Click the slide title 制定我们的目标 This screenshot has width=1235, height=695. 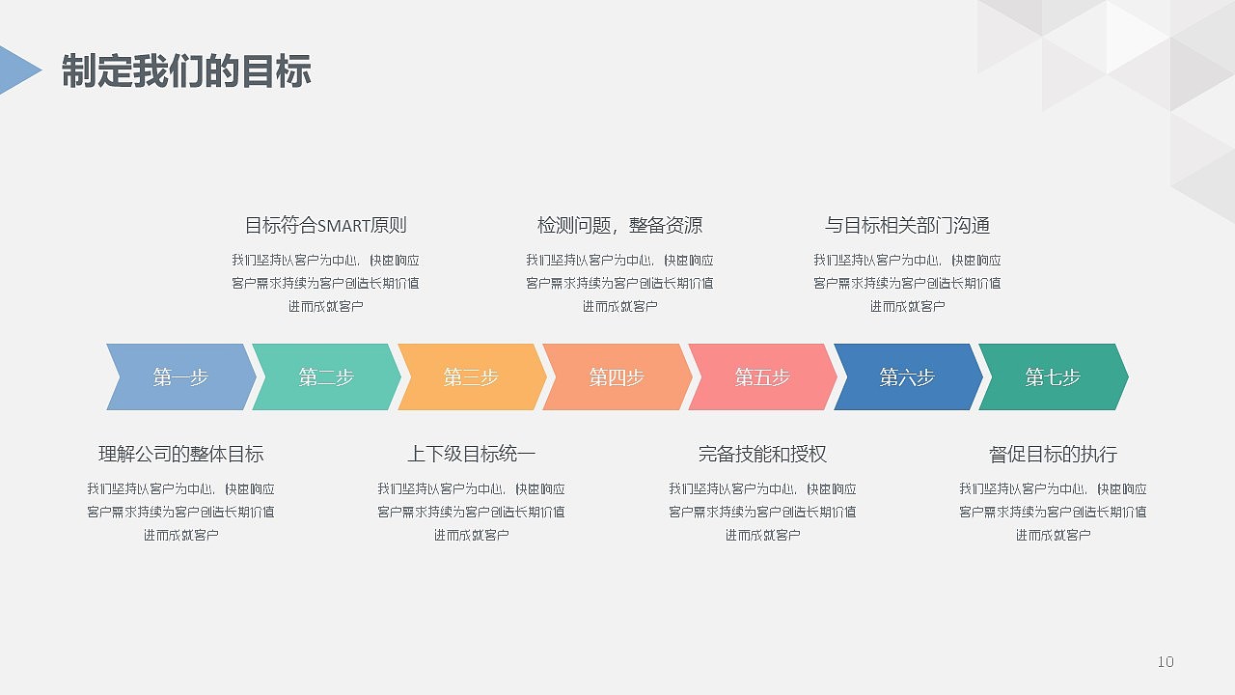click(186, 71)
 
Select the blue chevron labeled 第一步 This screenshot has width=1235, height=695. click(180, 377)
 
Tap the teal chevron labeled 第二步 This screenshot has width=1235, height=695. click(326, 377)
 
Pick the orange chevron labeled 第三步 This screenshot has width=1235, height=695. click(471, 377)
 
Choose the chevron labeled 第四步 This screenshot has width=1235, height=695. click(617, 377)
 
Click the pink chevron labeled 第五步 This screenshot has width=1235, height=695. click(762, 377)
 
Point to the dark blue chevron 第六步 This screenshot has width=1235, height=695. click(907, 377)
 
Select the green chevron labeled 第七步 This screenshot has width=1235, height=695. click(1053, 377)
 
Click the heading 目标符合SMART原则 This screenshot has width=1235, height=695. click(325, 226)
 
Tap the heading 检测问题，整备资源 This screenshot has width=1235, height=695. click(619, 226)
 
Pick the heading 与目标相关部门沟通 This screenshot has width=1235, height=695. click(907, 226)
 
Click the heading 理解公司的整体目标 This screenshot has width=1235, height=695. click(180, 455)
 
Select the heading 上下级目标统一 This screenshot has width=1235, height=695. click(471, 455)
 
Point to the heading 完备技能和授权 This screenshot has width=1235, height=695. click(762, 455)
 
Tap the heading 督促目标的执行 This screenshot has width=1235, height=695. click(1053, 455)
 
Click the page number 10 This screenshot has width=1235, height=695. click(1166, 662)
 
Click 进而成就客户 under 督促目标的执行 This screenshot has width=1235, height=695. click(1053, 535)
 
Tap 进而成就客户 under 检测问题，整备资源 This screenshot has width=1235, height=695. click(619, 307)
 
